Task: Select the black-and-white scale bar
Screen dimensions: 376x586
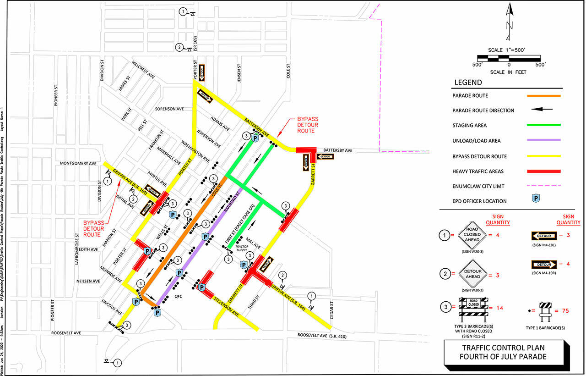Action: click(x=509, y=58)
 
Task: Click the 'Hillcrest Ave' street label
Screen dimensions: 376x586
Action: click(x=143, y=69)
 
